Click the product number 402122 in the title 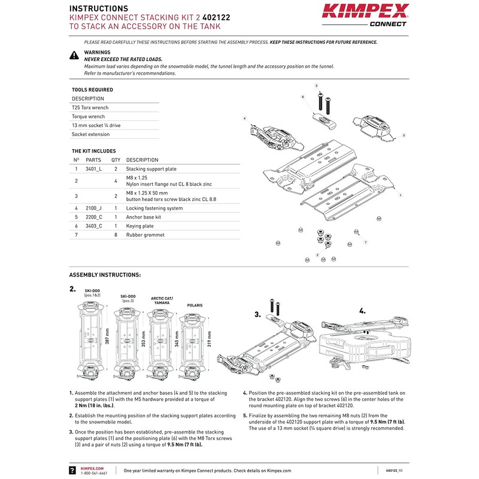click(x=202, y=17)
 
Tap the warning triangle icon click(x=74, y=55)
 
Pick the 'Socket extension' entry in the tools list click(x=90, y=135)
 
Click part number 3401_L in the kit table click(x=94, y=169)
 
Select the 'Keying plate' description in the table click(x=140, y=226)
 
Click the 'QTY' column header click(x=116, y=160)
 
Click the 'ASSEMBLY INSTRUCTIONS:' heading click(x=105, y=275)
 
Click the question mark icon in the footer click(x=72, y=471)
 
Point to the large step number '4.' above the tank click(x=362, y=311)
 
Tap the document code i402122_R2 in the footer click(x=393, y=471)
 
